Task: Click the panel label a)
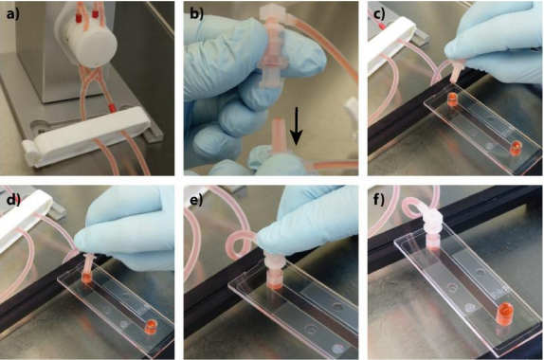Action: pos(13,14)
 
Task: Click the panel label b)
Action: pos(197,14)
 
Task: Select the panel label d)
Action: pos(13,200)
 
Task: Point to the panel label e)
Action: pos(196,200)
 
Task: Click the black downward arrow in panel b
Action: pos(296,126)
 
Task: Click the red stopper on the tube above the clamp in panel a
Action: pos(112,107)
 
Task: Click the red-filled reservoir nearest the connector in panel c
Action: pos(452,99)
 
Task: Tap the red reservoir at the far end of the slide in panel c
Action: pos(516,148)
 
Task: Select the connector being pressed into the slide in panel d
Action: pos(87,268)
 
